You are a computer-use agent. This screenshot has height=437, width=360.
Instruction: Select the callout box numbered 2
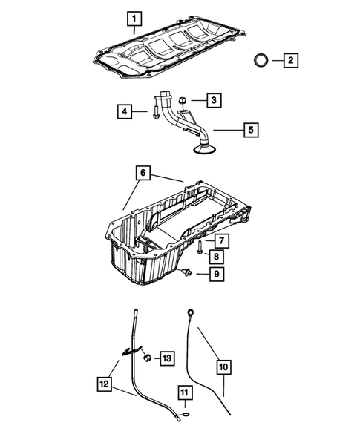click(290, 59)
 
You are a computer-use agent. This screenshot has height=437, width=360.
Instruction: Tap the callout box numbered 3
click(213, 99)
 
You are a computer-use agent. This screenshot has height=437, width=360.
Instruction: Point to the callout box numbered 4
click(125, 112)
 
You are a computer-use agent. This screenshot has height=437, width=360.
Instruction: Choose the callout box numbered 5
click(251, 130)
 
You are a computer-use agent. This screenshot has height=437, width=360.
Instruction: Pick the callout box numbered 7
click(220, 240)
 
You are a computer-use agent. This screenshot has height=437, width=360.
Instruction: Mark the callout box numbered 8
click(214, 257)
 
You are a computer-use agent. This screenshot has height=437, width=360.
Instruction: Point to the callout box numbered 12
click(105, 384)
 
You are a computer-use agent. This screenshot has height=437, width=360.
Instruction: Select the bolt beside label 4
click(152, 113)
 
